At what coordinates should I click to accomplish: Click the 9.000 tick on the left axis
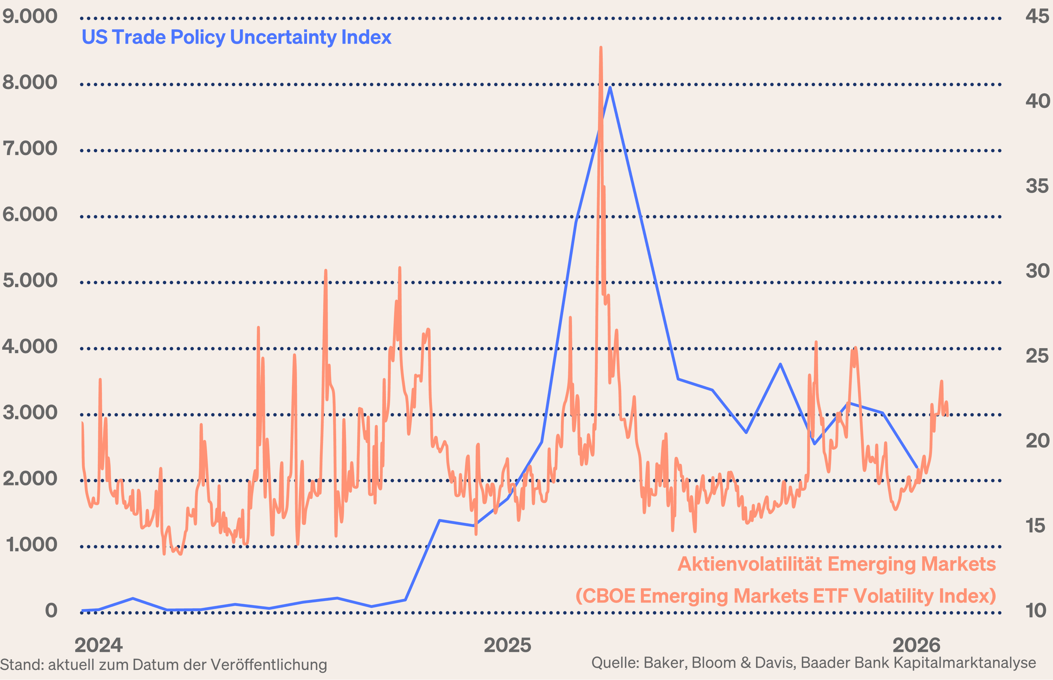(29, 17)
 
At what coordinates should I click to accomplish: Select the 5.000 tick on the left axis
(29, 281)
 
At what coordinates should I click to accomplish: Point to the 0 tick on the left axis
(51, 611)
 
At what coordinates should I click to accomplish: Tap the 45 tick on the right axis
(1037, 17)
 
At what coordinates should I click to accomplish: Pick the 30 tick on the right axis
(1037, 271)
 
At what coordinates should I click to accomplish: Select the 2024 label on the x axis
(98, 646)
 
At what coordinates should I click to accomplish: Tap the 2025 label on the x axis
(507, 646)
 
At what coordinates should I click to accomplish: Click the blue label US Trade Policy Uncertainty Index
(236, 37)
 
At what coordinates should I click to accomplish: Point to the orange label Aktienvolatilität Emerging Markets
(837, 564)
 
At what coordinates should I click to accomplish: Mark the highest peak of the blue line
(610, 87)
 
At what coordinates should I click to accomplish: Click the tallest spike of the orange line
(601, 48)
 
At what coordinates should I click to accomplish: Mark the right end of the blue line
(917, 467)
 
